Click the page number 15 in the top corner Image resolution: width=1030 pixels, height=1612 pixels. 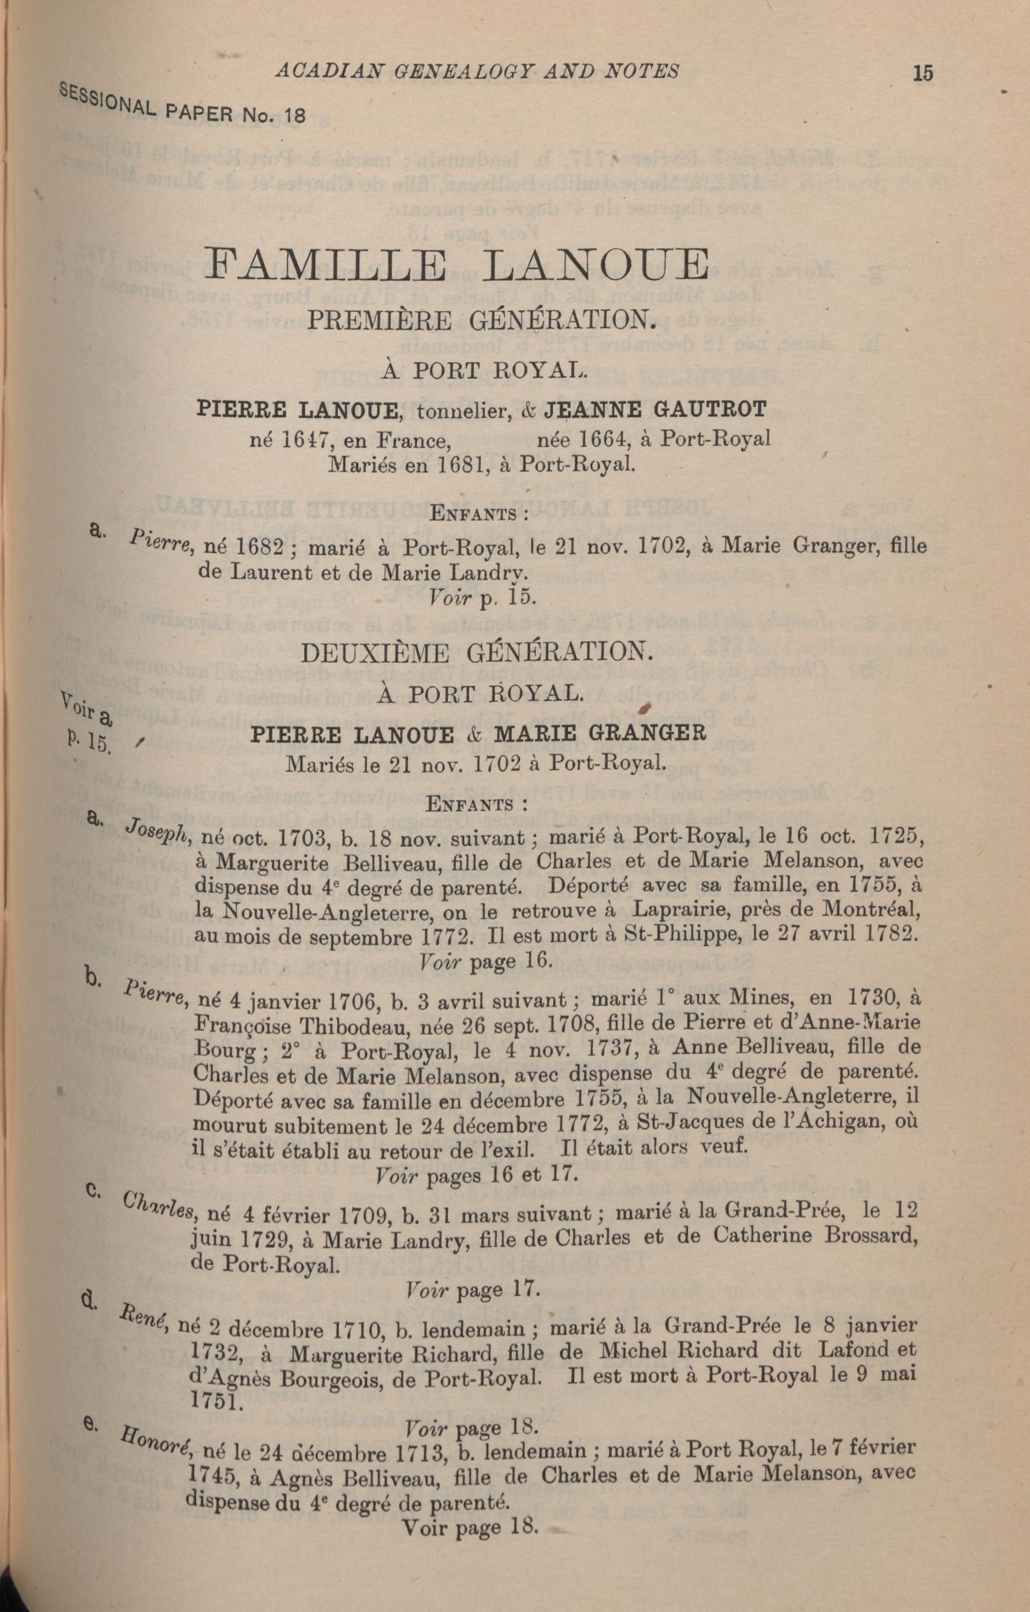click(x=922, y=72)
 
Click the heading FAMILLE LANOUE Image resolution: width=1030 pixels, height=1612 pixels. click(x=458, y=265)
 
